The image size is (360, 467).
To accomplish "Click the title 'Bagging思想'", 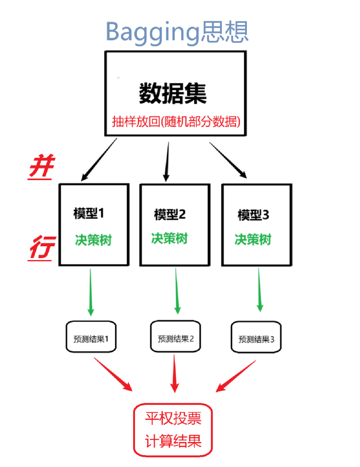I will click(177, 31).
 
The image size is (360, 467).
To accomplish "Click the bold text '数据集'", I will click(173, 93).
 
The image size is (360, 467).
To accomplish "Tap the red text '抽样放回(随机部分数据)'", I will click(177, 122).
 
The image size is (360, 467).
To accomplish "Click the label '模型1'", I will click(89, 213).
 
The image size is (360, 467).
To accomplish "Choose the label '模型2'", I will click(170, 214).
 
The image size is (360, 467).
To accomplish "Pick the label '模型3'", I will click(253, 215).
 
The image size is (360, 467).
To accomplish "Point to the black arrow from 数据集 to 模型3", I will click(229, 160).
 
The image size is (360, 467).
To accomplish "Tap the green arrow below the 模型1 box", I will click(90, 292).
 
